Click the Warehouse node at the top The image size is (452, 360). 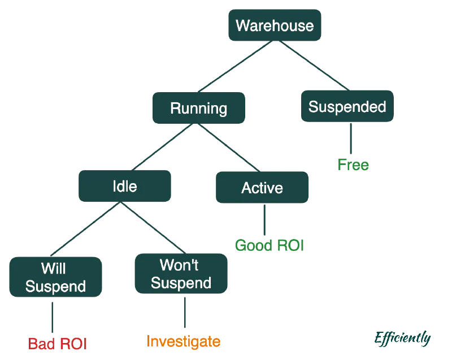(x=275, y=25)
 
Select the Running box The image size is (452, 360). (x=198, y=109)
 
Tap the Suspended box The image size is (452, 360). (x=347, y=107)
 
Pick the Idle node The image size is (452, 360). (x=124, y=186)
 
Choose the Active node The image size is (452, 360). (x=262, y=188)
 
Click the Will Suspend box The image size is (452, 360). (x=55, y=277)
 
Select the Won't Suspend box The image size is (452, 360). (x=181, y=274)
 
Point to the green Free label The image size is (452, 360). (x=353, y=165)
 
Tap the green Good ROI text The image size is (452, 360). (x=270, y=245)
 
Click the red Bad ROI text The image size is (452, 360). (x=58, y=343)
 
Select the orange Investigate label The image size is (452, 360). (x=183, y=341)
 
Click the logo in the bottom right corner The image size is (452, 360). (x=403, y=339)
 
